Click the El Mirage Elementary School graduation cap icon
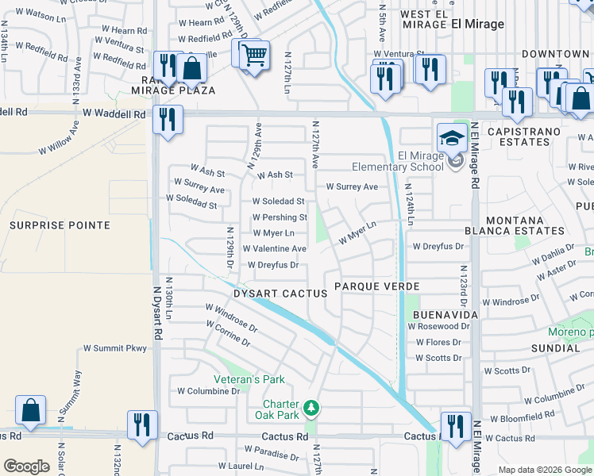452,136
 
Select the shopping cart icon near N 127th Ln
253,55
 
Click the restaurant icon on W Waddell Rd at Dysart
168,119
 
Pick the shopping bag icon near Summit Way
30,409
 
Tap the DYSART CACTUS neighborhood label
280,294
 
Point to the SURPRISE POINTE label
60,225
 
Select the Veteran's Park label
248,380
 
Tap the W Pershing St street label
280,217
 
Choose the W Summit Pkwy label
115,348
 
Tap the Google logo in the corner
26,466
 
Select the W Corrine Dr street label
228,334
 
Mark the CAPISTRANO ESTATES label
518,136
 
